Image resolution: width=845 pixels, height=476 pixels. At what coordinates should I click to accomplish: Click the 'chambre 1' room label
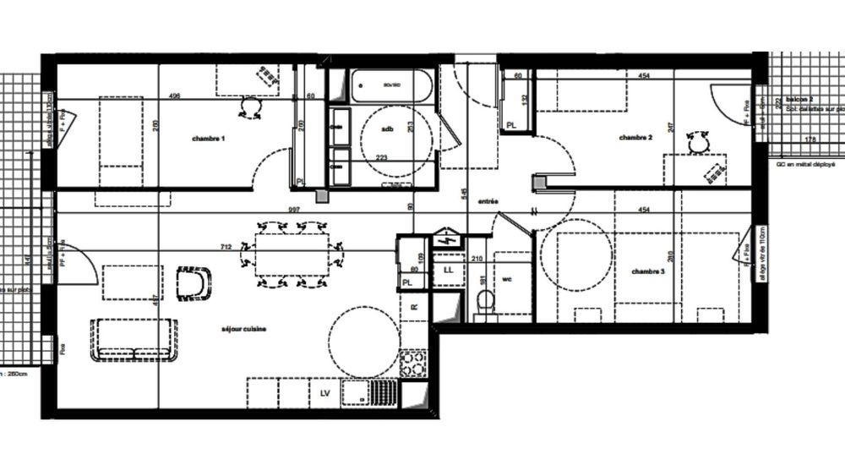[x=207, y=139]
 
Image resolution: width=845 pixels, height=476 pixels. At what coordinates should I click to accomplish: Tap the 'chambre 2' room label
[x=635, y=137]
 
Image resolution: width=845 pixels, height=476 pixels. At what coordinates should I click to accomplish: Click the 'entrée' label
[x=488, y=201]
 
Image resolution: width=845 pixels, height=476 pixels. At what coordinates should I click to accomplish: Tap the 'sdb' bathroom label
[x=388, y=129]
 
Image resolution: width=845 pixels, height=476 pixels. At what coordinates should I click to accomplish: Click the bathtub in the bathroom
[x=391, y=85]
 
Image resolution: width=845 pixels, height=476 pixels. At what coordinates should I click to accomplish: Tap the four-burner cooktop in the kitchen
[x=412, y=363]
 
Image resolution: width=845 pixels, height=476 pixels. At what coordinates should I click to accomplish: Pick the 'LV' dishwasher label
[x=324, y=393]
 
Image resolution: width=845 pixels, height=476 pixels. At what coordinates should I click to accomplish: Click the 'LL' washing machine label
[x=449, y=270]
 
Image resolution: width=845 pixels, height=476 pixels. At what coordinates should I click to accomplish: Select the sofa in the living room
[x=135, y=340]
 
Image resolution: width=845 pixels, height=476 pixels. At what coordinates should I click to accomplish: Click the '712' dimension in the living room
[x=226, y=247]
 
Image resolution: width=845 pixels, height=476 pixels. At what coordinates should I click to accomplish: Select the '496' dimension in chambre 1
[x=175, y=96]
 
